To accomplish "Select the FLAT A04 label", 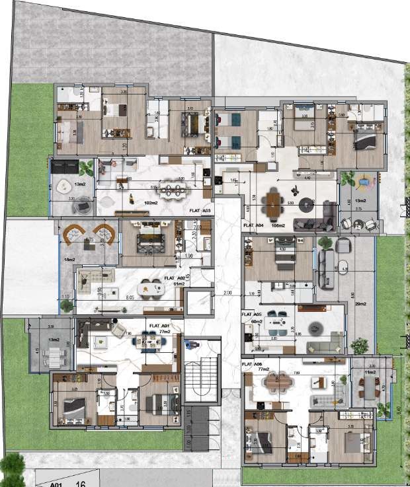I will pyautogui.click(x=254, y=225).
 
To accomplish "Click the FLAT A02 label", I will pyautogui.click(x=175, y=279).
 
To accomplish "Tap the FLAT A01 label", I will pyautogui.click(x=159, y=326).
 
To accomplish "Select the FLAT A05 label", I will pyautogui.click(x=253, y=315).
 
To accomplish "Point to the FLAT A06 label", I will pyautogui.click(x=253, y=364).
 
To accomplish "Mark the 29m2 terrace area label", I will pyautogui.click(x=360, y=303).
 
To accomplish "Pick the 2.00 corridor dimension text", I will pyautogui.click(x=227, y=293).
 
